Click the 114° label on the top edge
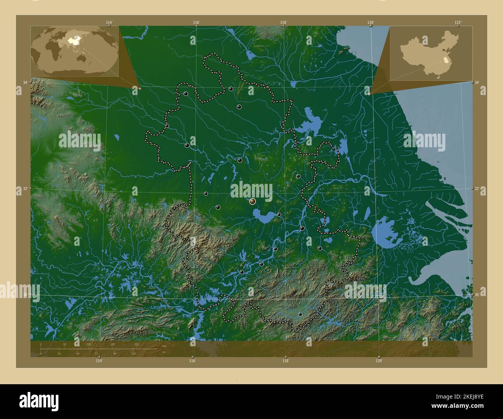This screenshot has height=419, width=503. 109,22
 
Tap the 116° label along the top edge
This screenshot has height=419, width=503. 196,22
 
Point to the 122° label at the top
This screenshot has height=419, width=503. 458,22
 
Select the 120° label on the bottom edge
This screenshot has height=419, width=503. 379,361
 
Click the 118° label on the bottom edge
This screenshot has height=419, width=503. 286,361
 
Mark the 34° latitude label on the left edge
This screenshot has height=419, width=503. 25,83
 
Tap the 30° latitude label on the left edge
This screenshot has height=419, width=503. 25,295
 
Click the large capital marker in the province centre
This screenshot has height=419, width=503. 253,201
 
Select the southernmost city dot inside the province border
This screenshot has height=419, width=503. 300,314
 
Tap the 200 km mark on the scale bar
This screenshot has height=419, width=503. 136,344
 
